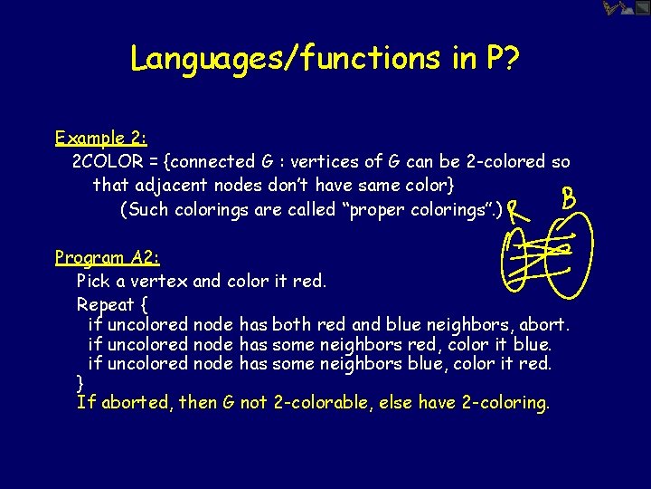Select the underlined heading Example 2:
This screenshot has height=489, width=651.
[x=101, y=139]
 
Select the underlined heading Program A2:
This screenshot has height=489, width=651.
[x=108, y=257]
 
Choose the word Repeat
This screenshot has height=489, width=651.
[x=106, y=304]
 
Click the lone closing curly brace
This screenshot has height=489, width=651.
[x=80, y=381]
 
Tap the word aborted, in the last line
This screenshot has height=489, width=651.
[x=136, y=402]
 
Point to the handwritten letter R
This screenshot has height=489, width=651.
[x=517, y=213]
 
